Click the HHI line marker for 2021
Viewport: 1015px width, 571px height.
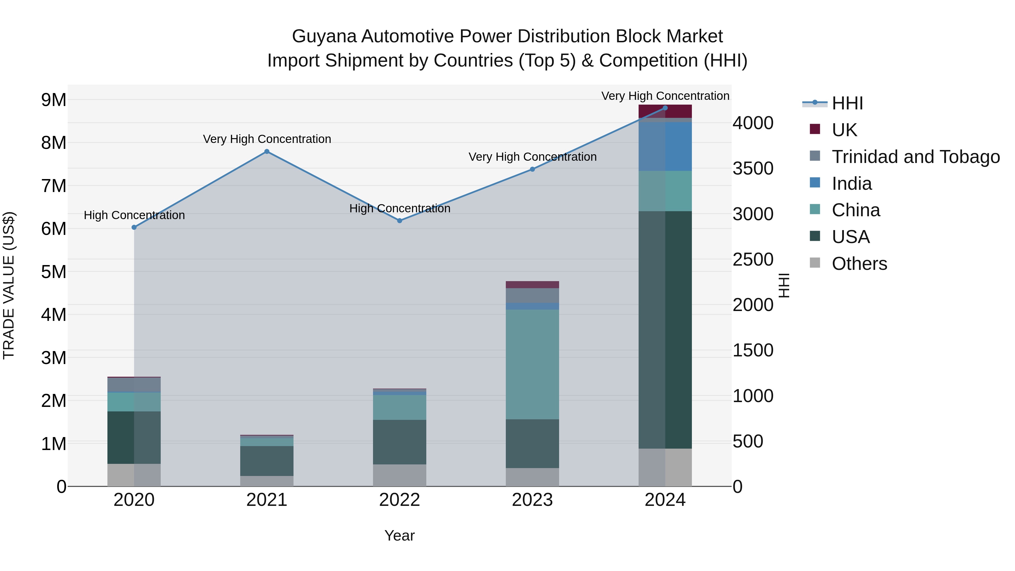(267, 152)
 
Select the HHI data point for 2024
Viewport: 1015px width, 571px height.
(665, 108)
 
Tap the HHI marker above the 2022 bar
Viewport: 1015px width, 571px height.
(400, 221)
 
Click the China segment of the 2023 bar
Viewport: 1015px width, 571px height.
(532, 365)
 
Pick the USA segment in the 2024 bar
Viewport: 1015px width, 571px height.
(665, 330)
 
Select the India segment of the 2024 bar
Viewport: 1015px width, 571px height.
(665, 147)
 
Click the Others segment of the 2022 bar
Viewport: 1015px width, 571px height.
(400, 475)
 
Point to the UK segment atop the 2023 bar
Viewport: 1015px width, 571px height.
(532, 285)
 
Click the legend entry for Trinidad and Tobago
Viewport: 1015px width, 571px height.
(915, 157)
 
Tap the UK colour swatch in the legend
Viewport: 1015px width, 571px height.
(815, 129)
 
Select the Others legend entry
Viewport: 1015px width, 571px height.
(859, 264)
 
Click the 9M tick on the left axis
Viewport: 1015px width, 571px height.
(54, 100)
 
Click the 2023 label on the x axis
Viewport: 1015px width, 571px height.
(532, 500)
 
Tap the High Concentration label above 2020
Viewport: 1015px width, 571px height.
(134, 215)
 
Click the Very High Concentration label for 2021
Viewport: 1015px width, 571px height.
(267, 139)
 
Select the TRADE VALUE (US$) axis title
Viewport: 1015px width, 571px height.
(9, 285)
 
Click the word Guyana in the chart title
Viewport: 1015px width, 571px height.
(324, 37)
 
